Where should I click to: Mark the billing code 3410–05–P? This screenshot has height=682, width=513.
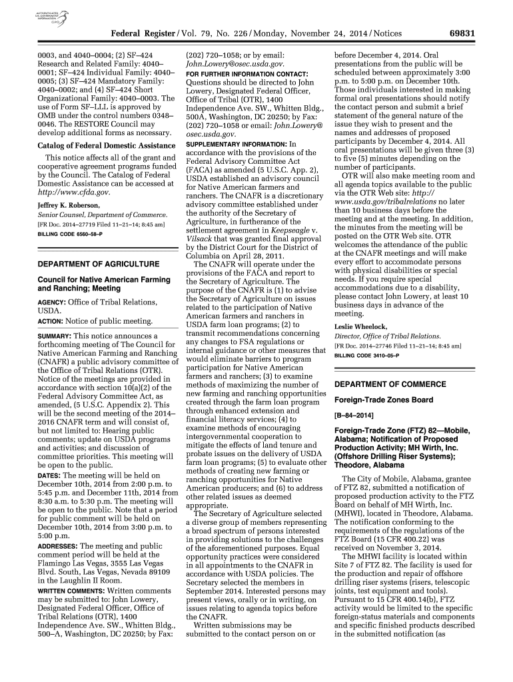[x=362, y=356]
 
